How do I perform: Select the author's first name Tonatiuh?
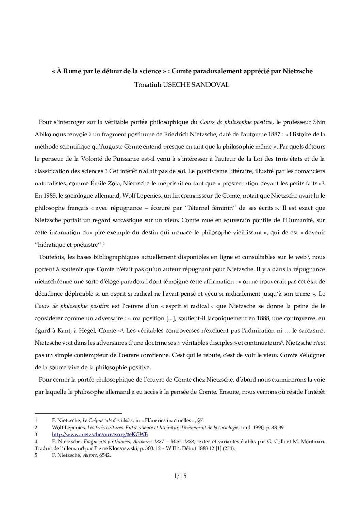148,85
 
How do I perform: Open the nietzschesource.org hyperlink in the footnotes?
100,434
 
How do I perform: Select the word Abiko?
43,134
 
